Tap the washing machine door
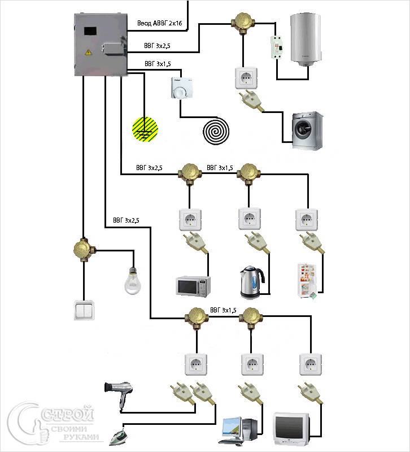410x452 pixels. (304, 130)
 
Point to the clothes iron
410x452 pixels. (115, 432)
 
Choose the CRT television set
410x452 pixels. (292, 429)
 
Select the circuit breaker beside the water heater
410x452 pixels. (276, 47)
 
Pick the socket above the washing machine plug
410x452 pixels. (246, 78)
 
